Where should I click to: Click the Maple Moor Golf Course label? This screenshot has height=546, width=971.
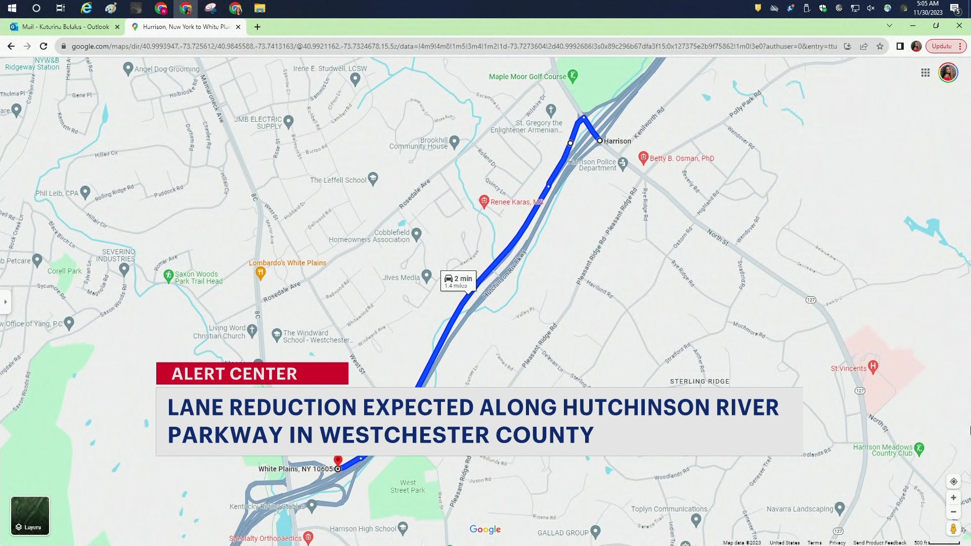tap(527, 77)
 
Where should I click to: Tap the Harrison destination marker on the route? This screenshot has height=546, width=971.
tap(600, 141)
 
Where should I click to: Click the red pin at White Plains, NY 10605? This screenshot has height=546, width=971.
tap(338, 460)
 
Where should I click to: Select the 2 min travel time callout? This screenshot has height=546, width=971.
tap(458, 281)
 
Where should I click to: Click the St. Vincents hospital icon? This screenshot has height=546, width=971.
tap(872, 366)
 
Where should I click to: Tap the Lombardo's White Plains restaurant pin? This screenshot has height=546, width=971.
tap(260, 273)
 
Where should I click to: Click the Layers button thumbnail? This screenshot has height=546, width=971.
tap(30, 516)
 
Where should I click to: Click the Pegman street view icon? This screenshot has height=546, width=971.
tap(953, 529)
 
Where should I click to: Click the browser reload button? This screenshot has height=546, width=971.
tap(43, 46)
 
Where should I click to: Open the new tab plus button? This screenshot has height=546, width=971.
tap(257, 27)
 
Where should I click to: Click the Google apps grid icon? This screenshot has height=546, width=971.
tap(925, 73)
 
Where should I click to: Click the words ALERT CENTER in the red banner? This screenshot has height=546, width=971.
tap(235, 374)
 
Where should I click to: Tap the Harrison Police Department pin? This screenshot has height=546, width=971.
tap(623, 163)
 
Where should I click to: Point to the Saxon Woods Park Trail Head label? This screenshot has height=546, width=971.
tap(198, 278)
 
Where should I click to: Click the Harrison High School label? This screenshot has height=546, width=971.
tap(363, 529)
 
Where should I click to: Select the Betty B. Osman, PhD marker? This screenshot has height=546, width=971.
tap(643, 158)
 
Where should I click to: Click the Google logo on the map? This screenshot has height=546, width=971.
tap(485, 529)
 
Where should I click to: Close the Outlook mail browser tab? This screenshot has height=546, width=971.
tap(117, 27)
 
